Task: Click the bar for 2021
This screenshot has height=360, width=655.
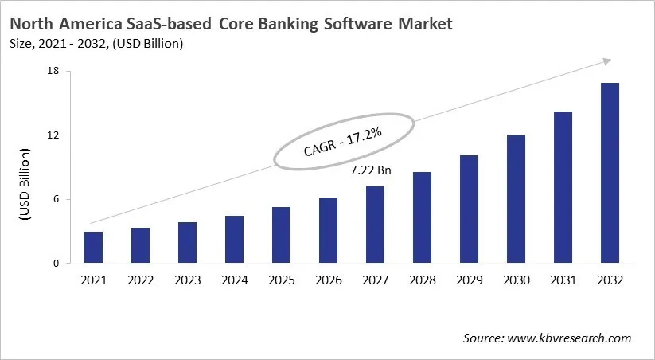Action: pos(93,248)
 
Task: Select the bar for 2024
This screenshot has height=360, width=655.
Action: pos(234,240)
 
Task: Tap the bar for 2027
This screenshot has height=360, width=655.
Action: pos(375,225)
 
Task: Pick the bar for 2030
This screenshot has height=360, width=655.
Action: pos(516,199)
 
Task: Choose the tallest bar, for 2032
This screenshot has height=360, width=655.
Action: pos(610,173)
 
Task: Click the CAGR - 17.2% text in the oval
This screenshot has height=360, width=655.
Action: pos(344,141)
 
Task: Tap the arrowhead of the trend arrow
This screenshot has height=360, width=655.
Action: pos(606,61)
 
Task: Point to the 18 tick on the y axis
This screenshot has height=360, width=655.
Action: pos(54,72)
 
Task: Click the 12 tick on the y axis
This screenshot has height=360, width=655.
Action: pos(54,135)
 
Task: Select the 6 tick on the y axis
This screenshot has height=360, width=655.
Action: pos(57,200)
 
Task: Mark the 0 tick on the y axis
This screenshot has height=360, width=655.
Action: pos(57,264)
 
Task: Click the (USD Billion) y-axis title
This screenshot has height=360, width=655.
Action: pos(25,184)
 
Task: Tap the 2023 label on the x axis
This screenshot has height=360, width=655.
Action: pos(187,280)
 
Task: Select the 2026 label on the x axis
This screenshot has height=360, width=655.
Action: pos(328,280)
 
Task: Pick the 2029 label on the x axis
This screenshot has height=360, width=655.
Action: pos(469,280)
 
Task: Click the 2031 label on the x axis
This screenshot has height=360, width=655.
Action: pos(563,280)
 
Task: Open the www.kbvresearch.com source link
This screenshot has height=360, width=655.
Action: pos(569,338)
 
